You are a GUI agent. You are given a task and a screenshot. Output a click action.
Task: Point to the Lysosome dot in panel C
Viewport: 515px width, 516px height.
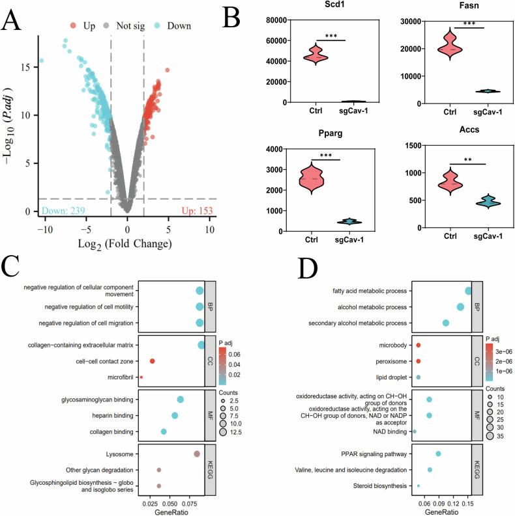click(x=197, y=454)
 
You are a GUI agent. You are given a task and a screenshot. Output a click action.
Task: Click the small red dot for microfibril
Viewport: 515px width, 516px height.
click(x=141, y=377)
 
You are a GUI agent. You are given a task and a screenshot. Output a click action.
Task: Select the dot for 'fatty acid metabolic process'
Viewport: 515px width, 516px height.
click(x=468, y=291)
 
